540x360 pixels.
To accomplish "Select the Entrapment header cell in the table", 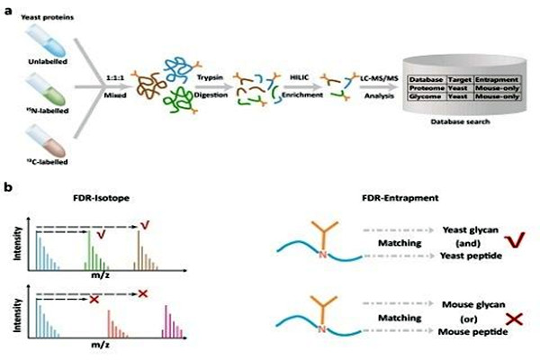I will click(x=495, y=79).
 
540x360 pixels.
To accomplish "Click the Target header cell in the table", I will click(x=458, y=79).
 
